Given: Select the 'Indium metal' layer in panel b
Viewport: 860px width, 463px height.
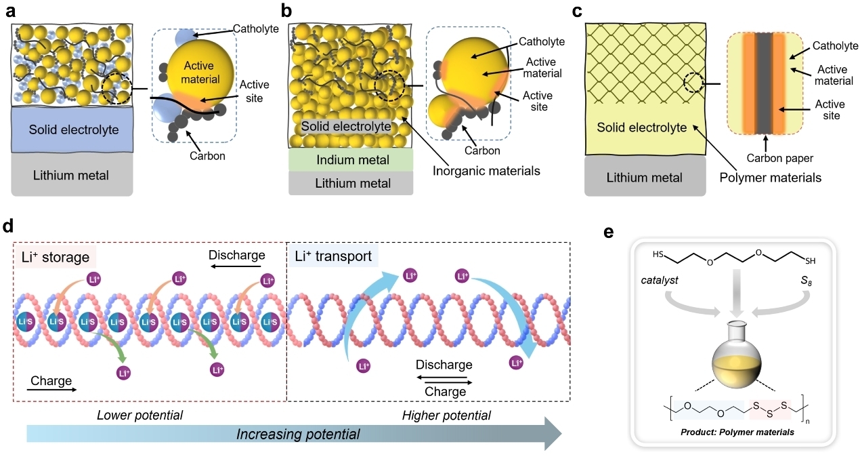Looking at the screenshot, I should click(351, 160).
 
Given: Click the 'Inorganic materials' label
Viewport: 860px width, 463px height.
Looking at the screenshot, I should click(486, 171).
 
